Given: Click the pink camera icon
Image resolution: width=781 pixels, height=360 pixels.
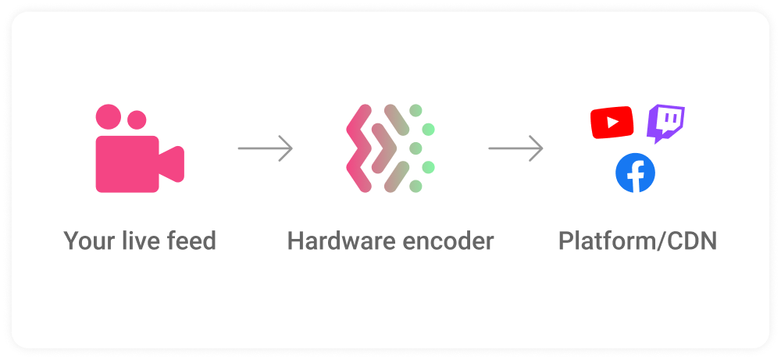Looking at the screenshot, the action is [140, 148].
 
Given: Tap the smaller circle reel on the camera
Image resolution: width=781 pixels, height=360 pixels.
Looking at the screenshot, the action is [137, 120].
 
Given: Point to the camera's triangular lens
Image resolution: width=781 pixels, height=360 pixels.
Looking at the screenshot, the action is [172, 164].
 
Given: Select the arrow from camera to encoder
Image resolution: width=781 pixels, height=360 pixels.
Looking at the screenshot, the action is [265, 148].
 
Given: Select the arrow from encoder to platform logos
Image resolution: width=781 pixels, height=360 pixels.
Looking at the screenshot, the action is [515, 148].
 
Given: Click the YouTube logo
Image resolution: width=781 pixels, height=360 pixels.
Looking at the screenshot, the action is [612, 123].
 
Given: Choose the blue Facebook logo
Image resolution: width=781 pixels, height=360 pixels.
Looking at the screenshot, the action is [635, 173].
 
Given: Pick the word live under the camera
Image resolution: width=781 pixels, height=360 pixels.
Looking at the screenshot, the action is [137, 241].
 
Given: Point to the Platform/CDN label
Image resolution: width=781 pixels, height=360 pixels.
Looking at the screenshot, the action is [637, 241].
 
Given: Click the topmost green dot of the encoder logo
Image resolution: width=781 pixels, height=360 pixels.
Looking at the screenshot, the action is [415, 111].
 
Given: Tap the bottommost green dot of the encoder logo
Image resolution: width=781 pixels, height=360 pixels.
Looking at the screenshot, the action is [415, 186].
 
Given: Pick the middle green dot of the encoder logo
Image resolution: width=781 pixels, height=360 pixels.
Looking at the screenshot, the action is [415, 148].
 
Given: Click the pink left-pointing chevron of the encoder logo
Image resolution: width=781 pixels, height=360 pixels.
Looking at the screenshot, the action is [359, 148].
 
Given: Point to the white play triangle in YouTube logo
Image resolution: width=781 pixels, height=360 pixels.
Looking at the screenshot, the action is [613, 123].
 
